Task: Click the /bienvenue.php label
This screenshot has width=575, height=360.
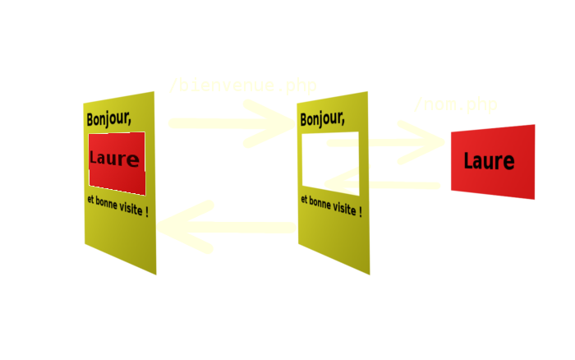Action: coord(242,85)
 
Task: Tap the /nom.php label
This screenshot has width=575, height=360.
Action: coord(455,105)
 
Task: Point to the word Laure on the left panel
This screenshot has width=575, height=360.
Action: coord(114,159)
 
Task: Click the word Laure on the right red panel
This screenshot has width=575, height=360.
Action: coord(488,161)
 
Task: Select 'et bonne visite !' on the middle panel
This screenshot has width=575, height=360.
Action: coord(330,205)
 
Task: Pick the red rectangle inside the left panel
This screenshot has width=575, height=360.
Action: coord(117,140)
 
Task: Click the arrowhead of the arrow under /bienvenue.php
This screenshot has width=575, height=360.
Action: coord(279,124)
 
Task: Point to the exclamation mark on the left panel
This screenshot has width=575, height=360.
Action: coord(146,213)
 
